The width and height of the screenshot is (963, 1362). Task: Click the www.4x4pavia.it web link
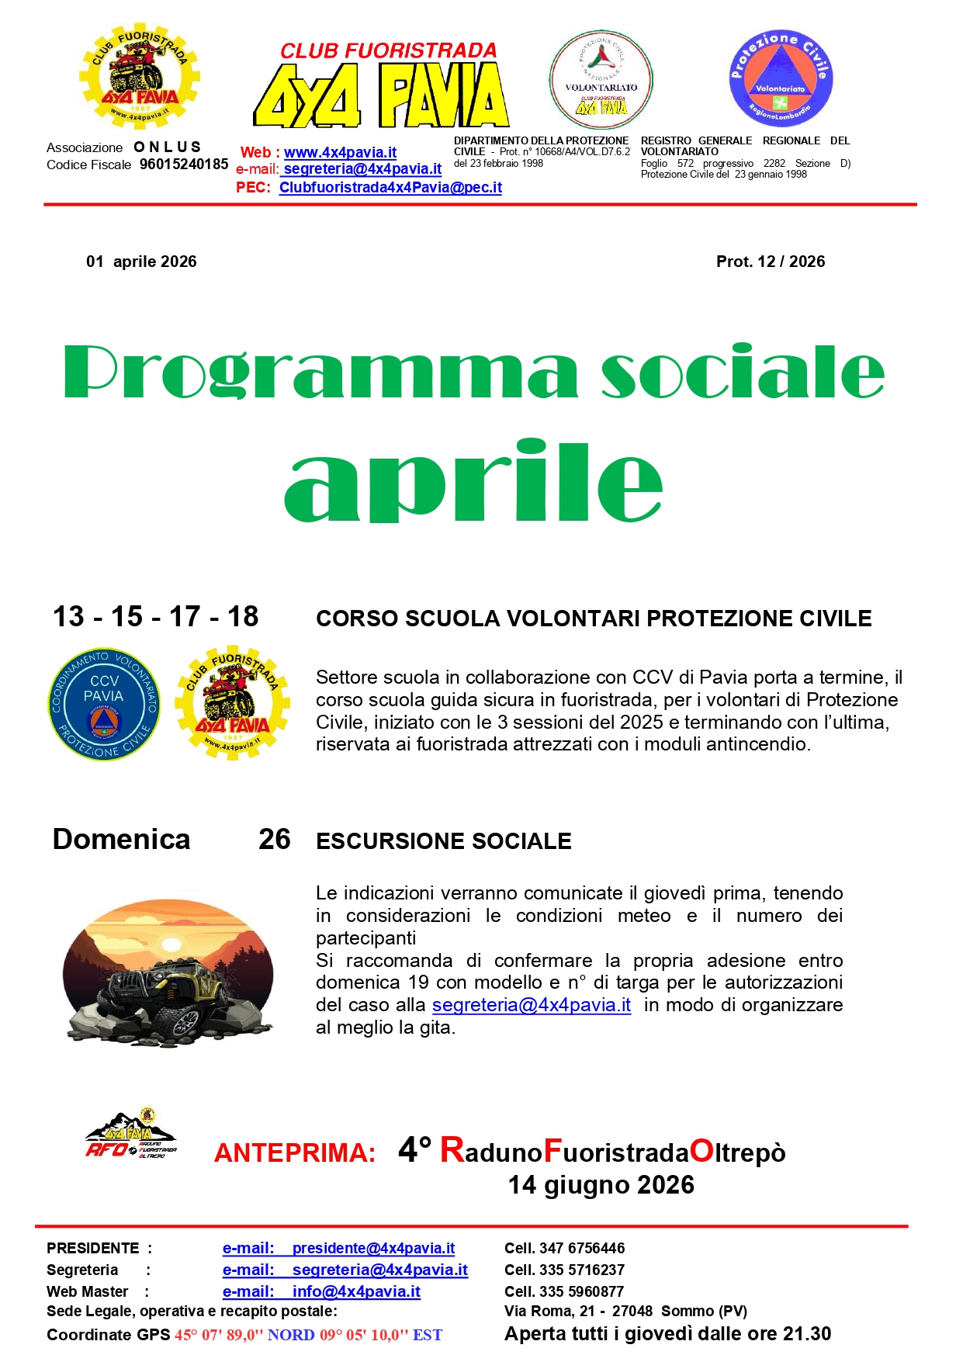(x=340, y=153)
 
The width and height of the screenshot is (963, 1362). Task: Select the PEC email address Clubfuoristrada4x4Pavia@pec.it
(x=390, y=188)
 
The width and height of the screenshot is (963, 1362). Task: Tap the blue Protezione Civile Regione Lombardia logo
(x=781, y=79)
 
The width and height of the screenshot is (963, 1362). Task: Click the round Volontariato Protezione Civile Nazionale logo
(x=601, y=79)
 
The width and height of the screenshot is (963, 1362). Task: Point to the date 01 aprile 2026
(x=141, y=262)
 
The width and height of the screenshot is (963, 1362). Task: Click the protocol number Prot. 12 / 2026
(x=770, y=262)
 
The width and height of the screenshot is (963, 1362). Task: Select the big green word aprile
(x=473, y=481)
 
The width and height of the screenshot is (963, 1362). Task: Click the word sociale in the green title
(x=743, y=373)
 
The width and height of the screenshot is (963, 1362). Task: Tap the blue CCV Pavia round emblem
(x=104, y=704)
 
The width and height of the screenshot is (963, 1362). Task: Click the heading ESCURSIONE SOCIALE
(x=443, y=841)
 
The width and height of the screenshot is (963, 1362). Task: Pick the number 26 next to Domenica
(x=275, y=840)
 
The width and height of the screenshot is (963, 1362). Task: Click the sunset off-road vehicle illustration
(x=168, y=971)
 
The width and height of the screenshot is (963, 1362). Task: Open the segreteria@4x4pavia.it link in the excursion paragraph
(x=531, y=1005)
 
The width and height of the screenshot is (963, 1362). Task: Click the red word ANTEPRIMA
(x=295, y=1153)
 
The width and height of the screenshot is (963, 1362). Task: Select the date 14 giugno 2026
(x=601, y=1185)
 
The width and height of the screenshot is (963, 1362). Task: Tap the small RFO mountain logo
(x=131, y=1135)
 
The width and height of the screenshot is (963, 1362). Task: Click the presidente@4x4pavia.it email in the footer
(x=372, y=1249)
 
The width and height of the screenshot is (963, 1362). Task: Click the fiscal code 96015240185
(x=184, y=165)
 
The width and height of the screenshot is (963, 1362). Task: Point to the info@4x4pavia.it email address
(x=355, y=1292)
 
